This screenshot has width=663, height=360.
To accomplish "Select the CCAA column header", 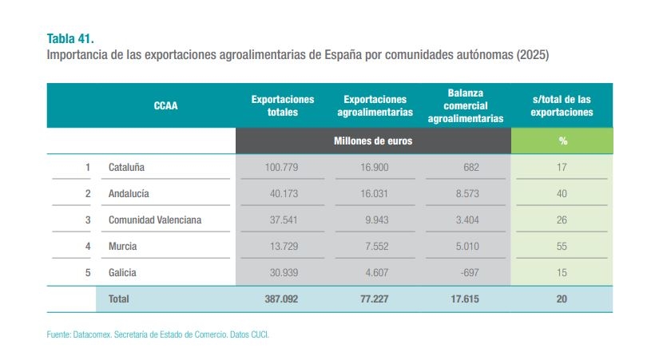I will pos(165,105).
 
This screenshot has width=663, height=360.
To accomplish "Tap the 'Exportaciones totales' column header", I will pos(283,105).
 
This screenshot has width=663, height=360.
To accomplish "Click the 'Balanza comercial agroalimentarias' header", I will pos(466,105).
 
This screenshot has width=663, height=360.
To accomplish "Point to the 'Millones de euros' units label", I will pos(373,140).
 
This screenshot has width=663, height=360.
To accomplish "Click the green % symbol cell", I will pos(562,140).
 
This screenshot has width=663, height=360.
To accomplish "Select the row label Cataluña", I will pos(126,168).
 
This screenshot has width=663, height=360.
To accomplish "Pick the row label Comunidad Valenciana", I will pos(155,220).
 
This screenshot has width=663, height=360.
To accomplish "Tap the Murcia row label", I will pos(122,246).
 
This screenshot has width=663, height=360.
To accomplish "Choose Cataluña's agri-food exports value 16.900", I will pos(371,168).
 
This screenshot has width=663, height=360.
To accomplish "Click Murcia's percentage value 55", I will pos(562,246).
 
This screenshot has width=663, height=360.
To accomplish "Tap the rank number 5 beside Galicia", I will pos(88,272).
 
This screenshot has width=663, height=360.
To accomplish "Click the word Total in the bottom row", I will pos(118,299).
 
